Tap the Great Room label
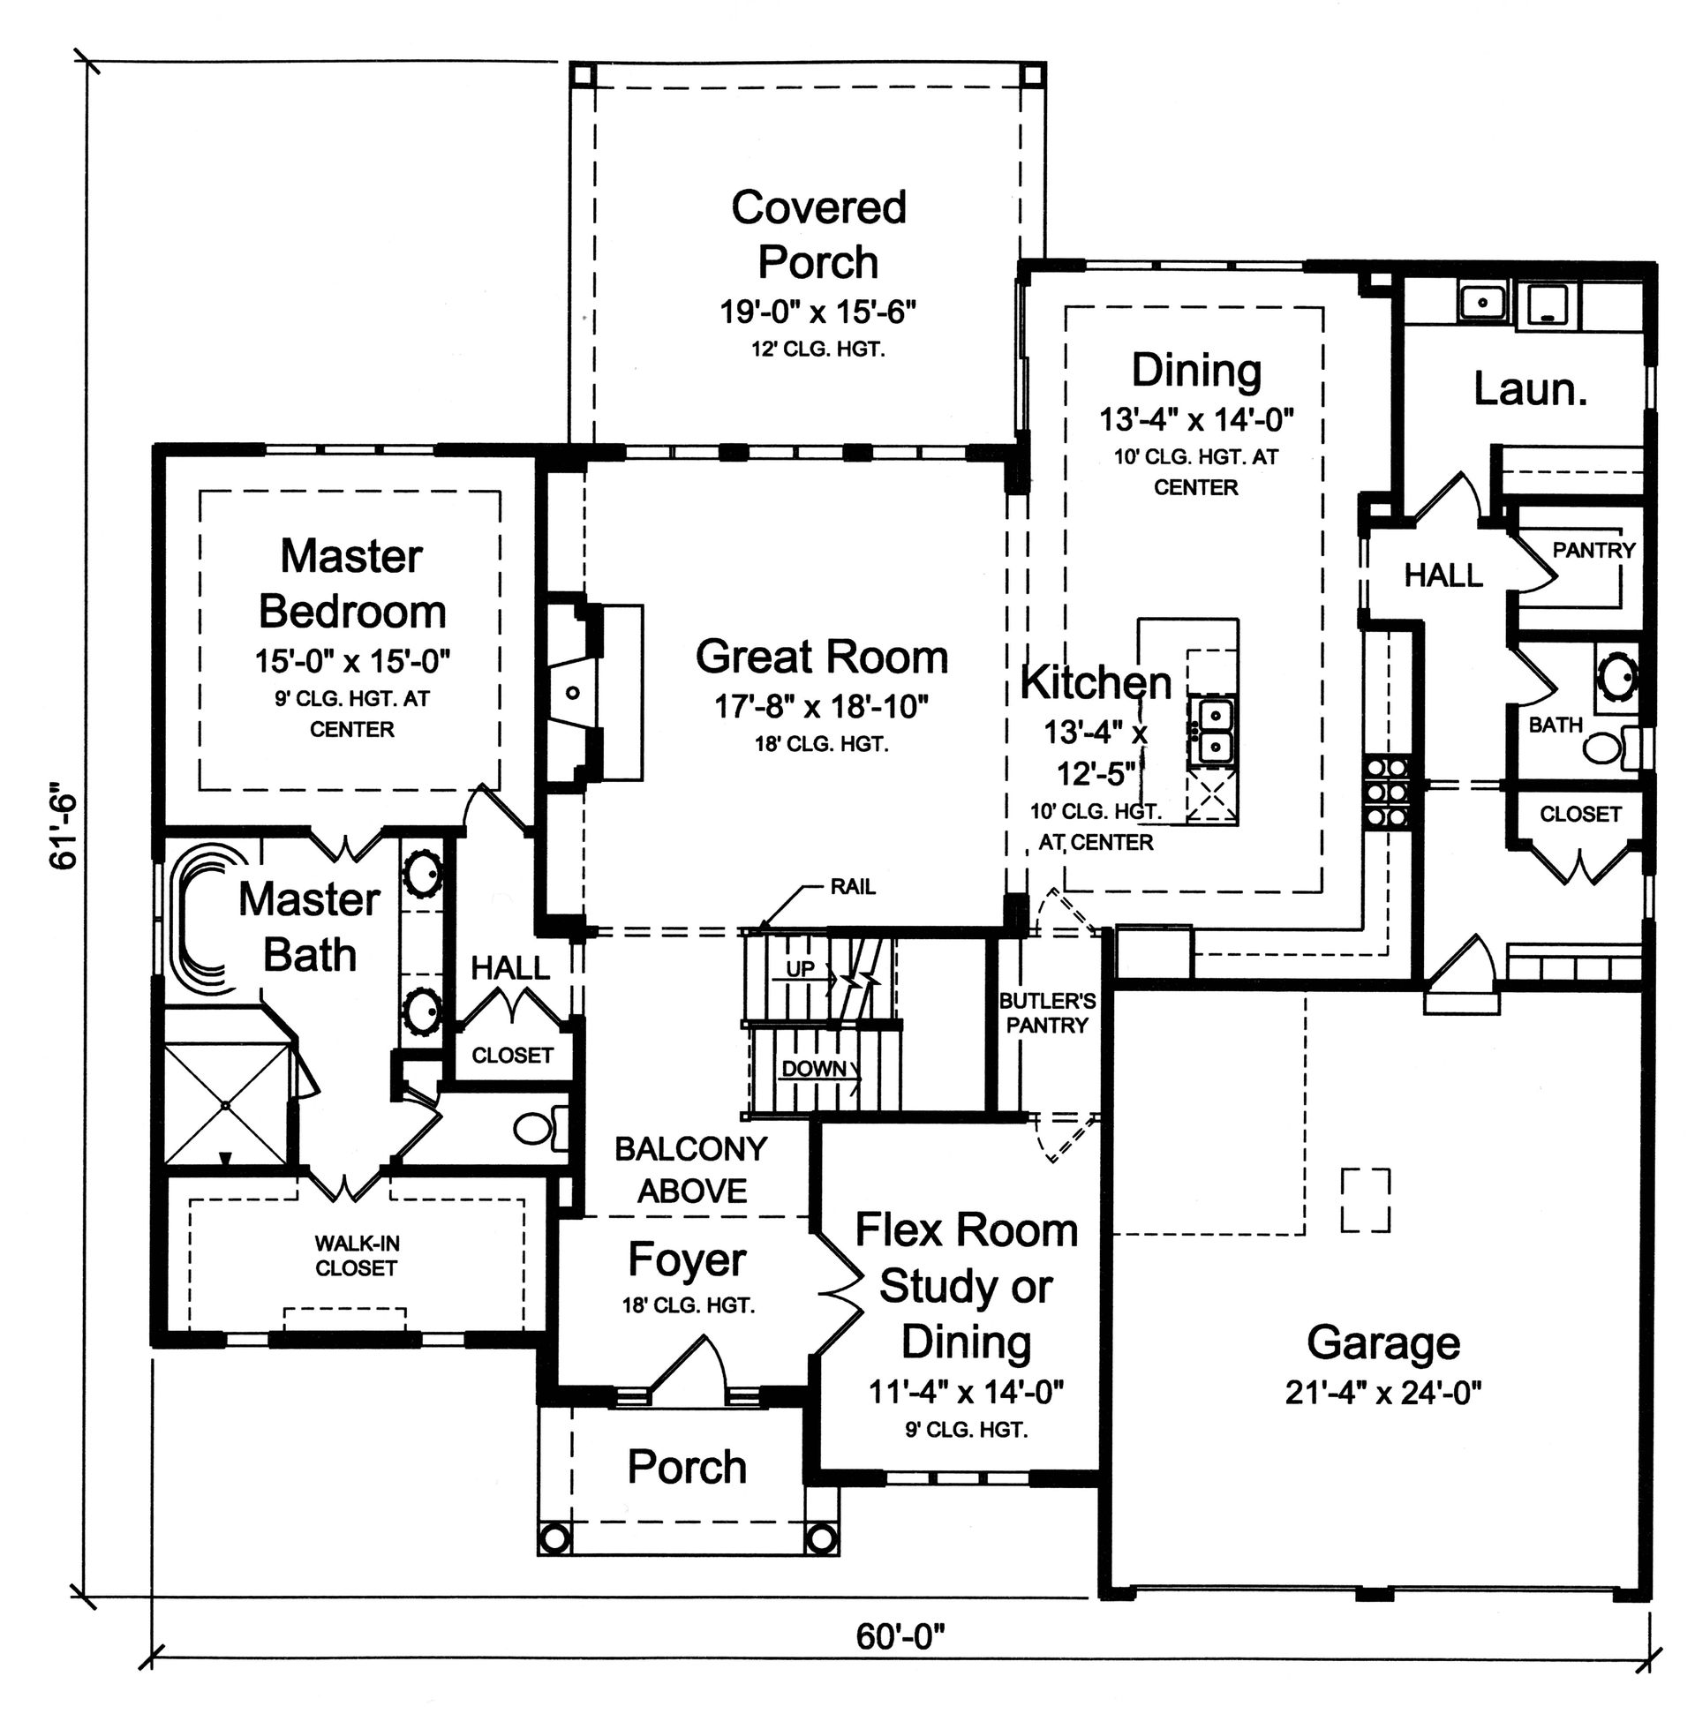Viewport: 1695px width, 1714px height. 821,658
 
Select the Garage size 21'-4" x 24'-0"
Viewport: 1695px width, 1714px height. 1382,1393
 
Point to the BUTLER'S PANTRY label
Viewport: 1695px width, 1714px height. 1046,1013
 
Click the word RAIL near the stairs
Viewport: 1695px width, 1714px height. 852,886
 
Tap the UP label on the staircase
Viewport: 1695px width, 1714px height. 800,969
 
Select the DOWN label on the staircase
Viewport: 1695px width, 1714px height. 814,1068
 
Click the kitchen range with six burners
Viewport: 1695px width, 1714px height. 1385,792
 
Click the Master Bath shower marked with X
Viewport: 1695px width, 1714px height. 227,1105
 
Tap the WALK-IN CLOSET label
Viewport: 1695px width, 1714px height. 356,1255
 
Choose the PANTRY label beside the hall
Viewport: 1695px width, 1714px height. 1593,550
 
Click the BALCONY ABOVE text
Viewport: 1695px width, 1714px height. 690,1169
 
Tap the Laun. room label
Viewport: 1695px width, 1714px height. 1530,388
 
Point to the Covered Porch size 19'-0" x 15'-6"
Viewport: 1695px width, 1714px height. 817,312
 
